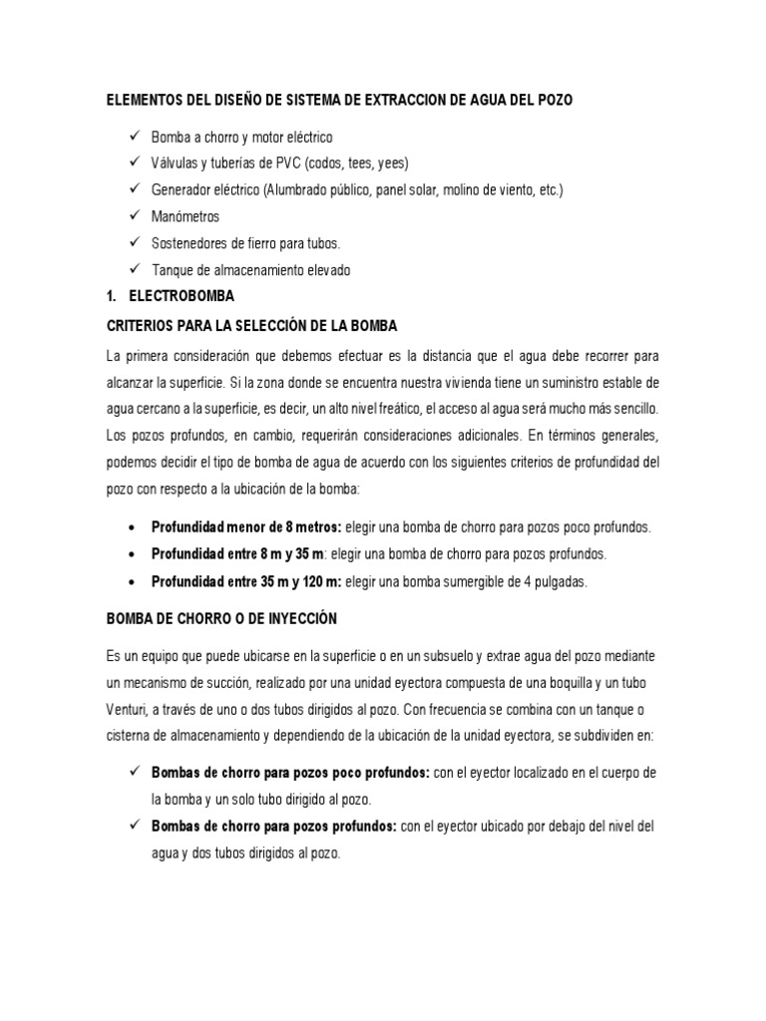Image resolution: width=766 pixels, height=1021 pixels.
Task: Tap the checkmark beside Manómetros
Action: (x=136, y=216)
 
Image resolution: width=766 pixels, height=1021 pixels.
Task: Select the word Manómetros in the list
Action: (x=186, y=216)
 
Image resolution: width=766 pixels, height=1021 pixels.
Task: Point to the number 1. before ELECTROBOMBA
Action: (x=113, y=297)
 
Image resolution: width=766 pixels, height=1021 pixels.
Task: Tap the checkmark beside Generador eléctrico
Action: (x=136, y=189)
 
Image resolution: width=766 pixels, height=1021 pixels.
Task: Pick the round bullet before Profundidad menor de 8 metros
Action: (x=134, y=527)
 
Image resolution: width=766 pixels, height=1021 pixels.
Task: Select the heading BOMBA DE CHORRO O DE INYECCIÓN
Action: (x=222, y=619)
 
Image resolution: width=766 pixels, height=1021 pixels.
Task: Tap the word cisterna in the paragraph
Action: (x=132, y=737)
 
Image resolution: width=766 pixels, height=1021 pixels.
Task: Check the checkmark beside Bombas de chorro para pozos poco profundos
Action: (x=136, y=773)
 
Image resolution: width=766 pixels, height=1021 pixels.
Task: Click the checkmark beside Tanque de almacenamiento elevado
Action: (x=136, y=270)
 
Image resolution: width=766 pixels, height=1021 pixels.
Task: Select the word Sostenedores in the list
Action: (x=191, y=243)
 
